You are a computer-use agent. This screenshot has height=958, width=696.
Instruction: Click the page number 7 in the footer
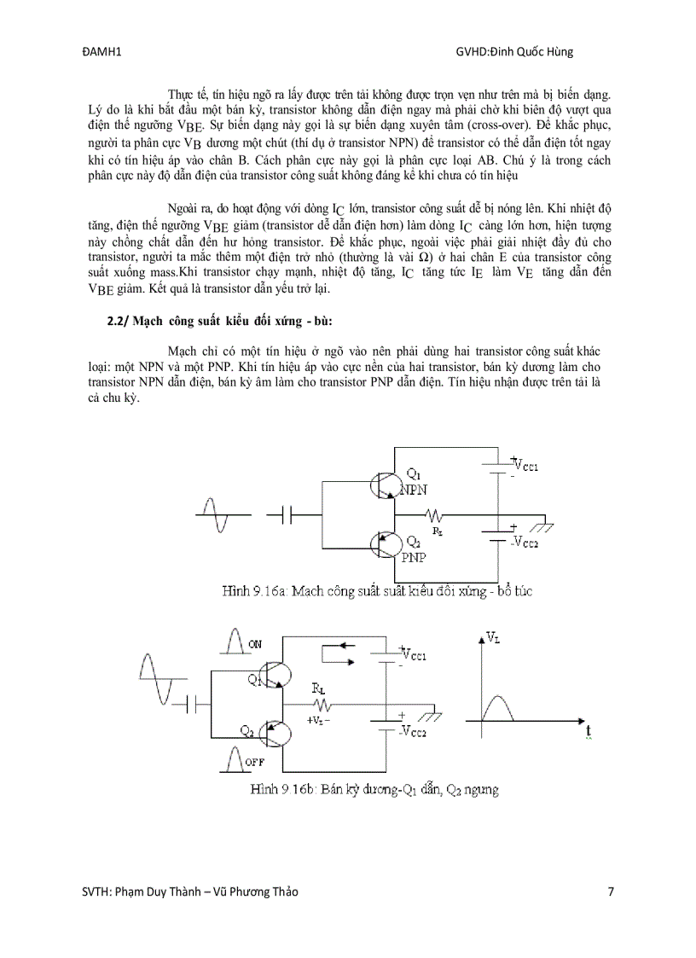(x=611, y=892)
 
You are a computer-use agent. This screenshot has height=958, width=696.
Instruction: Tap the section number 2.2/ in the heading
(x=110, y=319)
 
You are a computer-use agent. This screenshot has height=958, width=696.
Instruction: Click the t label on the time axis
(x=589, y=731)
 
